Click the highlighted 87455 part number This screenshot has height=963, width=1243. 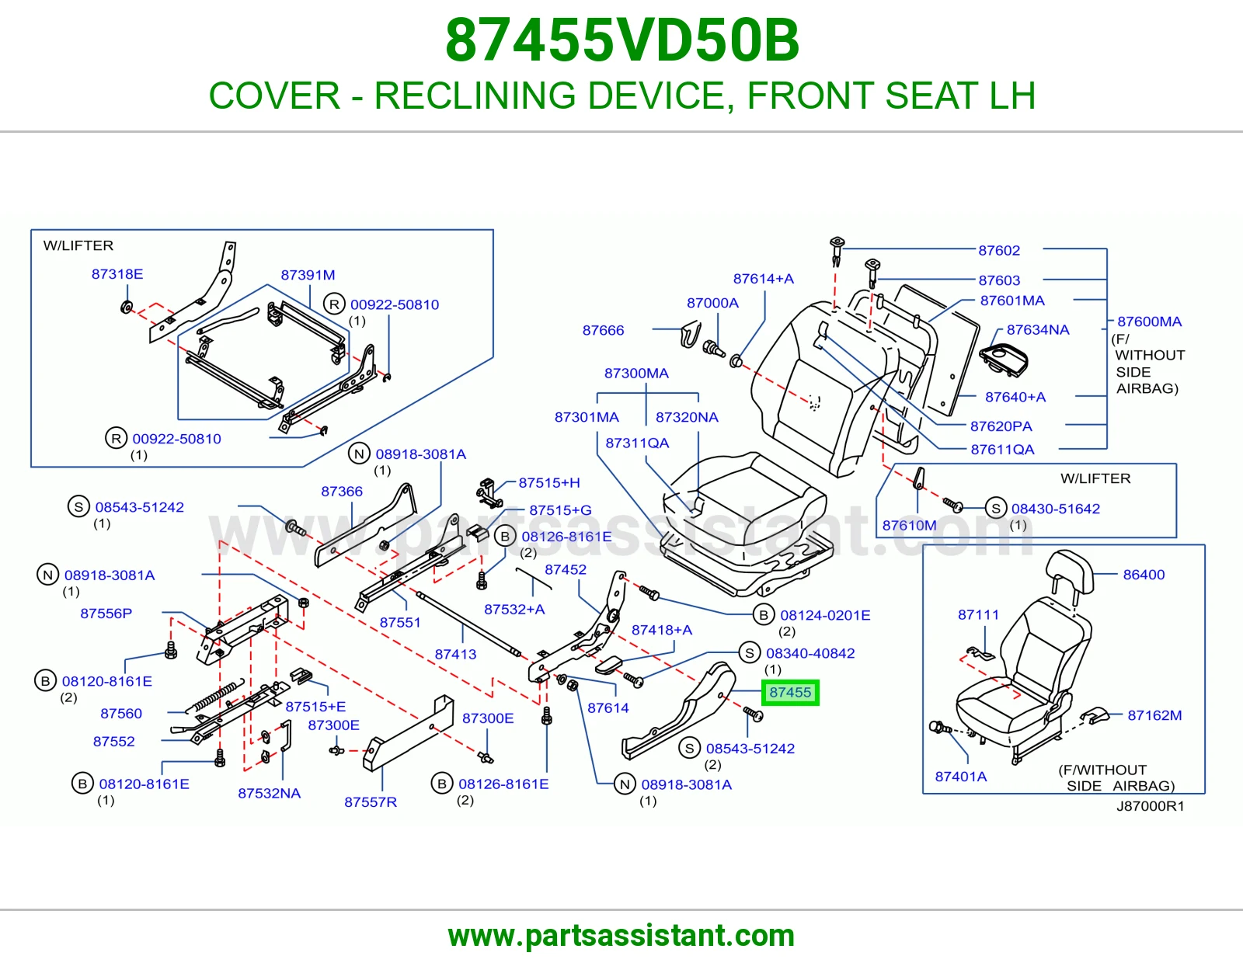790,693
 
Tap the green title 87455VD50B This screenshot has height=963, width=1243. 621,40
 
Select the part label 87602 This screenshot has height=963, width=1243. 999,250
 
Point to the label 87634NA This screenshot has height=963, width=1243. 1038,329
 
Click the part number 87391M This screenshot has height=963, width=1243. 308,274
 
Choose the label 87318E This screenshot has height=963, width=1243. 117,274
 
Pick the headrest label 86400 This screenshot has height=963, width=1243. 1144,575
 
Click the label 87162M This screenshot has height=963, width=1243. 1154,715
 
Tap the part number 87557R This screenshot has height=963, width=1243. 370,801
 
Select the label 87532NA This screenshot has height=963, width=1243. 269,793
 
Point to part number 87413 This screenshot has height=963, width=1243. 455,654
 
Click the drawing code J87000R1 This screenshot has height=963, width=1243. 1151,806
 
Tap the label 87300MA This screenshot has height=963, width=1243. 636,374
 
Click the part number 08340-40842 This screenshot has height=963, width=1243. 810,653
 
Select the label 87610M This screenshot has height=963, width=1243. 909,525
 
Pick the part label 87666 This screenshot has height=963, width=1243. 603,330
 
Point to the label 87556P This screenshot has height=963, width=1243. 106,613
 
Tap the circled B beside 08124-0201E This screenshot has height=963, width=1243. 764,615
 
